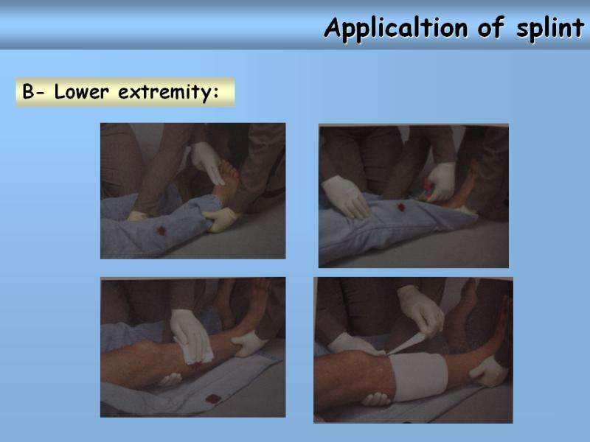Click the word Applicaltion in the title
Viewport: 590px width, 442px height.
point(396,29)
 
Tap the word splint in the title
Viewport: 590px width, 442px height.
point(549,29)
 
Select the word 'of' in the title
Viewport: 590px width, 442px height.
point(491,27)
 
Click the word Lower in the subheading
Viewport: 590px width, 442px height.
point(81,91)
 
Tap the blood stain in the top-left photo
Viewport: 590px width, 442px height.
point(162,231)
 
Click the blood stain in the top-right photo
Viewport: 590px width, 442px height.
point(401,207)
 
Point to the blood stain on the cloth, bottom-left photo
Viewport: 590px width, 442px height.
point(212,399)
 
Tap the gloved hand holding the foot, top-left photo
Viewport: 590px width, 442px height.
point(206,162)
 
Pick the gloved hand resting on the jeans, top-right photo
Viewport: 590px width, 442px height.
point(345,197)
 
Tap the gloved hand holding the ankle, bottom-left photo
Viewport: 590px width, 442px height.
point(249,343)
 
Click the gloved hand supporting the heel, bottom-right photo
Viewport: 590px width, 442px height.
point(488,371)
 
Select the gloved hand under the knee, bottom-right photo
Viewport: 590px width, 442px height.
point(376,399)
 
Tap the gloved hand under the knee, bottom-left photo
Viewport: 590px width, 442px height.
point(170,379)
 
